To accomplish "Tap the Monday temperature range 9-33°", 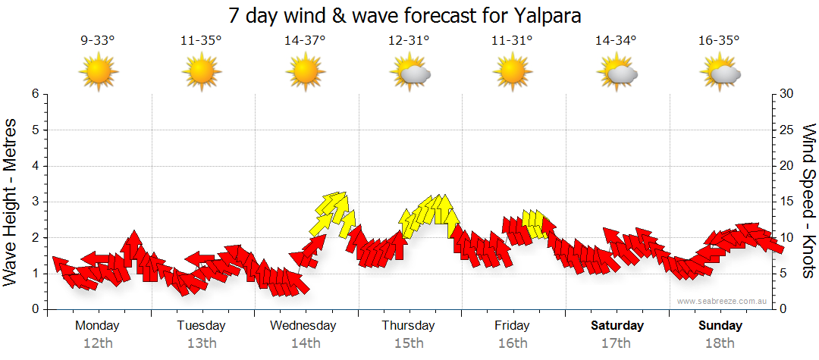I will pos(98,41).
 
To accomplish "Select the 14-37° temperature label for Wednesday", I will pos(305,41).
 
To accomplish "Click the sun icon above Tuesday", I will pos(201,73).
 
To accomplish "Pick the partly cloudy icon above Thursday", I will pos(409,73).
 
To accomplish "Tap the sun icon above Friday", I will pos(513,73).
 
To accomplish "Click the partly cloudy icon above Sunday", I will pos(720,73).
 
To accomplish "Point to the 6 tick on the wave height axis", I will pos(34,94).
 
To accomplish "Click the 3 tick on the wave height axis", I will pos(34,202).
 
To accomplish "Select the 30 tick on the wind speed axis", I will pos(787,94).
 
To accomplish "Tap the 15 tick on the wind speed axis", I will pos(787,202).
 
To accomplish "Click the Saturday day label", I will pos(617,326).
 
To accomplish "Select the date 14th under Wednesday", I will pos(305,343).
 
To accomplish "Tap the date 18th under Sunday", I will pos(720,343).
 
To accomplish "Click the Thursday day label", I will pos(408,326).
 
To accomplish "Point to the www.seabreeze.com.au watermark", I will pos(723,302).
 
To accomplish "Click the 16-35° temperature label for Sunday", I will pos(719,41).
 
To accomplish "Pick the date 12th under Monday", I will pos(98,343).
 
